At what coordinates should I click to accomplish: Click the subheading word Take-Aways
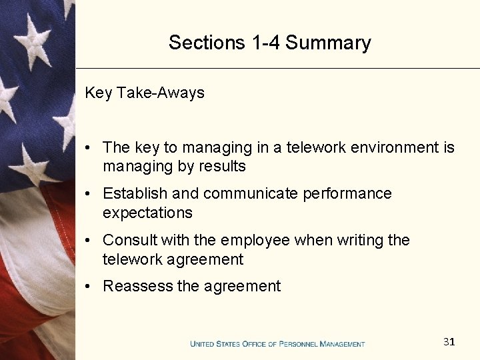161,93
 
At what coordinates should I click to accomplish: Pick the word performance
347,193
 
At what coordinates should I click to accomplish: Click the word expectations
147,213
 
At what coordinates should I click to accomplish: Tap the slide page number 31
449,342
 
